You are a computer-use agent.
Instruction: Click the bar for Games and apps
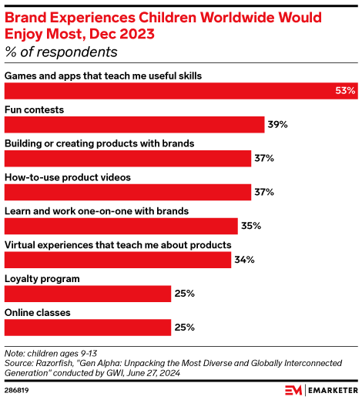pos(181,91)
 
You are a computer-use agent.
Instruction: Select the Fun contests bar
pos(135,125)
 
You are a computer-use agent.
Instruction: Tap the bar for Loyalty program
pos(88,294)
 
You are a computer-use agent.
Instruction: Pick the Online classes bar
pos(88,328)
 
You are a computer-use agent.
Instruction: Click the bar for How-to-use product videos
pos(128,192)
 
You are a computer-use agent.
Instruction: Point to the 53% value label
pos(344,91)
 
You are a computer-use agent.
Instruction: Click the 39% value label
pos(277,125)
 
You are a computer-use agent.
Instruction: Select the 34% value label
pos(244,260)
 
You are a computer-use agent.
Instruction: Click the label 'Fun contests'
pos(35,109)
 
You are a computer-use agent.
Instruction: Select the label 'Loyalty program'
pos(43,278)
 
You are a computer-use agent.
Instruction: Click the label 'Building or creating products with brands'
pos(99,143)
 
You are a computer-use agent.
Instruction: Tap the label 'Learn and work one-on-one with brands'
pos(97,210)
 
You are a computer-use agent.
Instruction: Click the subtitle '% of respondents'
pos(62,52)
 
